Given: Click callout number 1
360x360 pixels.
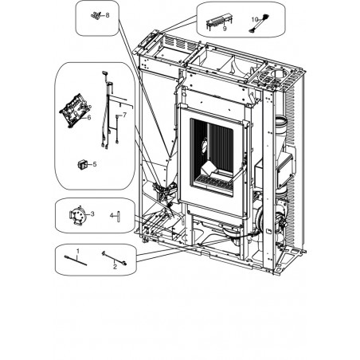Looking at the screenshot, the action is tap(78, 251).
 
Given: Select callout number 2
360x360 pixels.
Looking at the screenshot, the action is tap(115, 267).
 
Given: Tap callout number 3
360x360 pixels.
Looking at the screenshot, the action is tap(92, 213).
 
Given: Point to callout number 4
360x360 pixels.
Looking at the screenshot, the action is tap(112, 215).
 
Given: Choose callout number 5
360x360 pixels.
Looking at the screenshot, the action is tap(95, 164).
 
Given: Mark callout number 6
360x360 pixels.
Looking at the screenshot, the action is tap(89, 117).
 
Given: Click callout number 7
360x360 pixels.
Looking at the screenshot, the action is tap(125, 115).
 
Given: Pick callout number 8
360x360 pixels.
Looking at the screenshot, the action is tap(108, 15).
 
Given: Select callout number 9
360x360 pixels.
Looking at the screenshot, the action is tap(225, 29).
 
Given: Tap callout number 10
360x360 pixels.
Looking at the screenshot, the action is tap(255, 20).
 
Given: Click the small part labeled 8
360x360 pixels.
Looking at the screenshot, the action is tap(96, 15).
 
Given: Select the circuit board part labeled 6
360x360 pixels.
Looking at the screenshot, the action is tap(74, 111).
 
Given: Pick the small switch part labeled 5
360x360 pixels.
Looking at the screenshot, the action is tap(82, 165).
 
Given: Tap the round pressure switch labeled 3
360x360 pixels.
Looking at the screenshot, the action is tap(76, 216).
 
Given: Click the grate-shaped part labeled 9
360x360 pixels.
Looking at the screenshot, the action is tap(219, 22).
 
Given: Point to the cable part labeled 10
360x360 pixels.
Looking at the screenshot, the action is tap(258, 24).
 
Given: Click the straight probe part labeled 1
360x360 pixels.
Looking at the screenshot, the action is tap(76, 260).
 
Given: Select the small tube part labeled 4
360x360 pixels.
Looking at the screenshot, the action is tap(119, 216).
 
